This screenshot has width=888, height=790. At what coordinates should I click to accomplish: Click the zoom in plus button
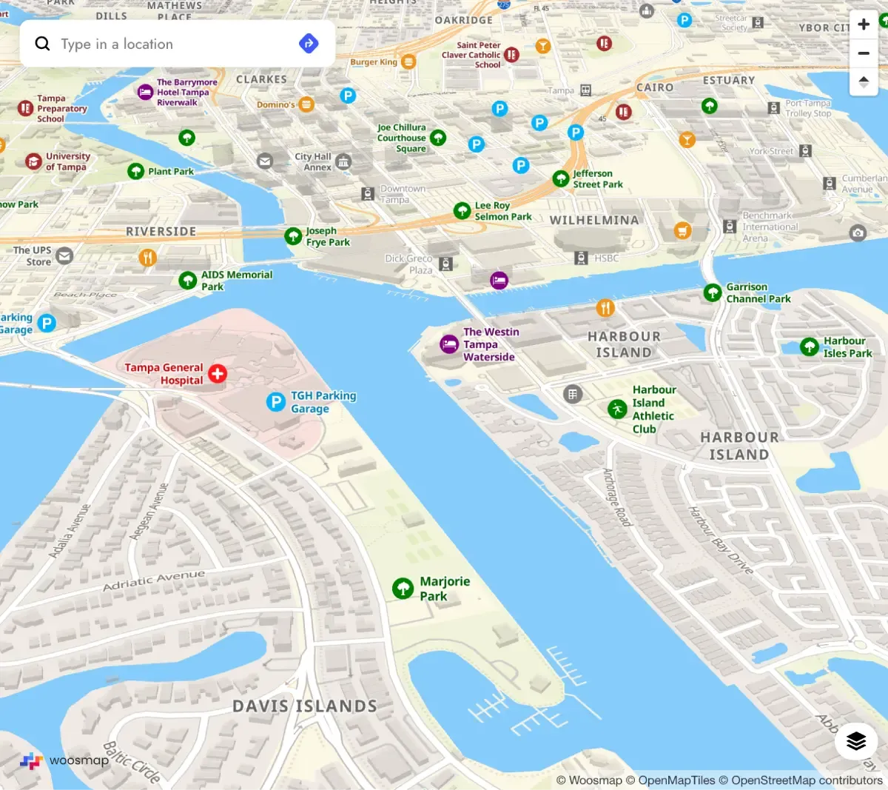864,24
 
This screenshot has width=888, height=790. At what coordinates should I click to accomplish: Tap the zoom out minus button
864,53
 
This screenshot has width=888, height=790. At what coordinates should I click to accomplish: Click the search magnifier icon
43,44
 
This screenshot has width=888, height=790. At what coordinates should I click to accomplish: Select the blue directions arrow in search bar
309,44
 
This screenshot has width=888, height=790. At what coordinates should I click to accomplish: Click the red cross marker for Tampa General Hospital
218,374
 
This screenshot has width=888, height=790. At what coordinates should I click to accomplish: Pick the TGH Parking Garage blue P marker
275,402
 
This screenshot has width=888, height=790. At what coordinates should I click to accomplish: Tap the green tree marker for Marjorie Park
403,589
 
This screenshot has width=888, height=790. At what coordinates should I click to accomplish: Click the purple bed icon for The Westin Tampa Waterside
449,344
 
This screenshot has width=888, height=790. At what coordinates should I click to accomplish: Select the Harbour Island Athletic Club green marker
617,409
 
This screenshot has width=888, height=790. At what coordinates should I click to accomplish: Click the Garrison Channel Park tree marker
713,293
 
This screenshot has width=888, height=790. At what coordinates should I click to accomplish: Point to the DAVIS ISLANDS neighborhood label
305,706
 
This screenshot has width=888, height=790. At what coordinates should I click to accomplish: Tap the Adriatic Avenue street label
154,580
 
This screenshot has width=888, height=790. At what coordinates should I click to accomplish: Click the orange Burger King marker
408,62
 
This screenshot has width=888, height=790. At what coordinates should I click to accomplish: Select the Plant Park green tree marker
135,172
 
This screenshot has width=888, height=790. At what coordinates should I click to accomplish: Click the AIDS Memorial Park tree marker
188,281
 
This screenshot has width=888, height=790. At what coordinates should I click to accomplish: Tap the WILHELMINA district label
594,221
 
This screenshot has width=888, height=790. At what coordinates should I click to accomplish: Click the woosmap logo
64,760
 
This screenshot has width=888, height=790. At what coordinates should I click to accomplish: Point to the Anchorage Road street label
616,497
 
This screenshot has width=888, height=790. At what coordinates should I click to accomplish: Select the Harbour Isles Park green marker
810,347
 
